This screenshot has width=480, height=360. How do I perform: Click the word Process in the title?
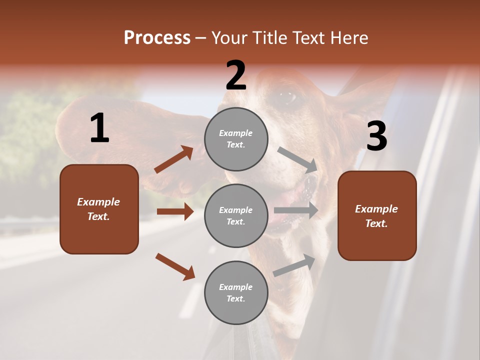coord(157,37)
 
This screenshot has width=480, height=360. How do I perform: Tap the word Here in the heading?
coord(348,37)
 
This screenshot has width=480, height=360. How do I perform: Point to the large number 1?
coord(99,128)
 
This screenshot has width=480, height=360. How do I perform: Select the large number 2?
coord(236,75)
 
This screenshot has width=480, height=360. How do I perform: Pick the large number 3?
coord(376,136)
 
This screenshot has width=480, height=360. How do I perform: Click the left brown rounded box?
coord(99,209)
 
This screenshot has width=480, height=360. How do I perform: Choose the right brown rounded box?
coord(377,215)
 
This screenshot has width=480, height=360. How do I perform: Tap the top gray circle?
coord(236,138)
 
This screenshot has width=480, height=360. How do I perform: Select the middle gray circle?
coord(236,215)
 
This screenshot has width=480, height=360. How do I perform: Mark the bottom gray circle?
coord(236,292)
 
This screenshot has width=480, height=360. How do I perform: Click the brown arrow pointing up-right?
coord(174,159)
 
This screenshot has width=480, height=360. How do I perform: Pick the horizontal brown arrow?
coord(175,211)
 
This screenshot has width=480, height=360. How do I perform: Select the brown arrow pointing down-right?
coord(175,266)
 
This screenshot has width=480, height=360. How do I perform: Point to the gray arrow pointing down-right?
coord(297,159)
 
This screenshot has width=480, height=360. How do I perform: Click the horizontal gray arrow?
coord(296,210)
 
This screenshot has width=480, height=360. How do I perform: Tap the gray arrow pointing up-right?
coord(294,265)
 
